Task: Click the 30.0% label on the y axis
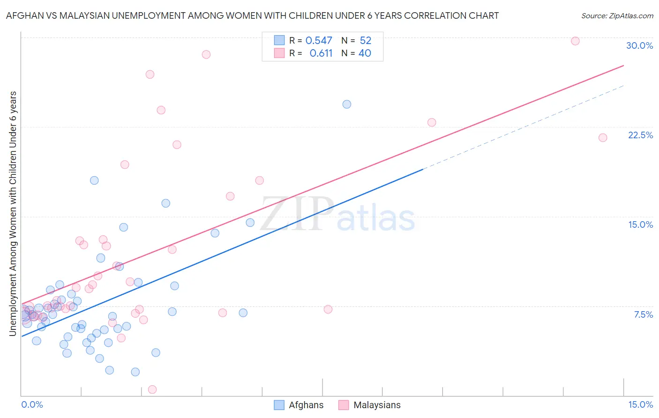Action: tap(639, 45)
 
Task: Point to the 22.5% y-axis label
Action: tap(640, 135)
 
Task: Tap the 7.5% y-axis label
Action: tap(643, 314)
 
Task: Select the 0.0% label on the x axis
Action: tap(32, 404)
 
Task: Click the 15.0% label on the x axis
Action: tap(640, 404)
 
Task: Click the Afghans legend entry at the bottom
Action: tap(306, 405)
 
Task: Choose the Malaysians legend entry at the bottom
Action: tap(377, 405)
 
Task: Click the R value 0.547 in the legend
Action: tap(319, 41)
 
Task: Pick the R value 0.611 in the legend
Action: tap(321, 53)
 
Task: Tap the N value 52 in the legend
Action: tap(366, 41)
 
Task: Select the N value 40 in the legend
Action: tap(365, 53)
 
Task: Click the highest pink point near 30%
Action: tap(575, 41)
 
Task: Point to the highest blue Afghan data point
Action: tap(347, 104)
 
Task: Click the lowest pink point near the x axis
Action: tap(152, 389)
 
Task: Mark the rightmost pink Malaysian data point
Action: tap(603, 137)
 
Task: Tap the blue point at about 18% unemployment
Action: tap(94, 180)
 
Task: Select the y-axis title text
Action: tap(13, 214)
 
